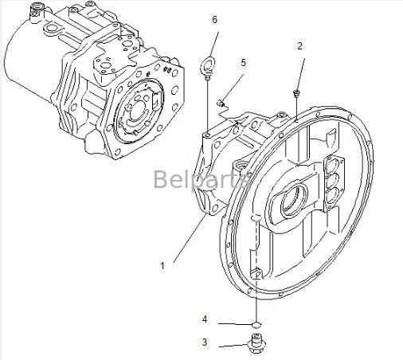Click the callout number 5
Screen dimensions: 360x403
click(x=244, y=62)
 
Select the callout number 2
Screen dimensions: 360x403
click(x=299, y=46)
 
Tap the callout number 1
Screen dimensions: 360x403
click(x=162, y=266)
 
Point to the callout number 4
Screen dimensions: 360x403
click(x=204, y=319)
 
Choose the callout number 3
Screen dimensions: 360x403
click(x=204, y=343)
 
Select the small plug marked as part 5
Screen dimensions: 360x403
click(x=223, y=100)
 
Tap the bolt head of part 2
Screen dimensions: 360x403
click(x=296, y=94)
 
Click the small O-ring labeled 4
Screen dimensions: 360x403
click(x=256, y=324)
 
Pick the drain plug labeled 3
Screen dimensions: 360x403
click(x=256, y=346)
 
